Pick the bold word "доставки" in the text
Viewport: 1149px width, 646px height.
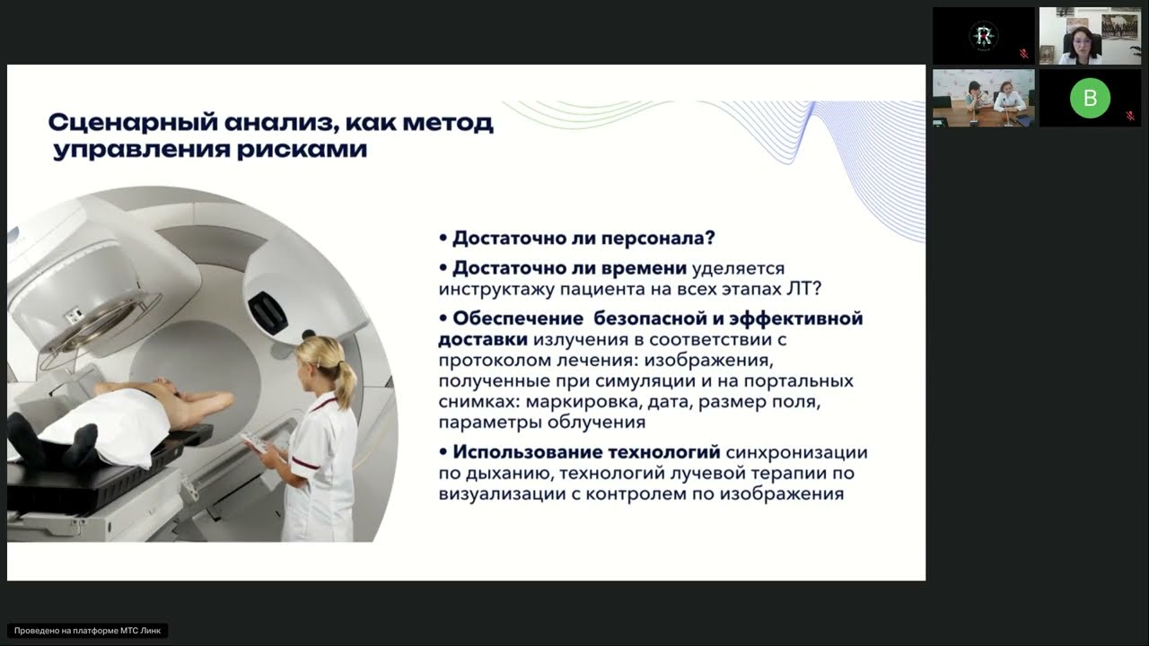point(483,340)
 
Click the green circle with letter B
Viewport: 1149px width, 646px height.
point(1090,98)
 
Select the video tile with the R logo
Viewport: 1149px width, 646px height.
point(983,36)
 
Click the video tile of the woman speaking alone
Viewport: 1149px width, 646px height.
point(1090,36)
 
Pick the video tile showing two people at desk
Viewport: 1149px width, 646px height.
point(983,98)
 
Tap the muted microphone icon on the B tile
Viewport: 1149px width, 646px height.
point(1130,116)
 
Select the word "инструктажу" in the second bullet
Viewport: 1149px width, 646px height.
point(496,290)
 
